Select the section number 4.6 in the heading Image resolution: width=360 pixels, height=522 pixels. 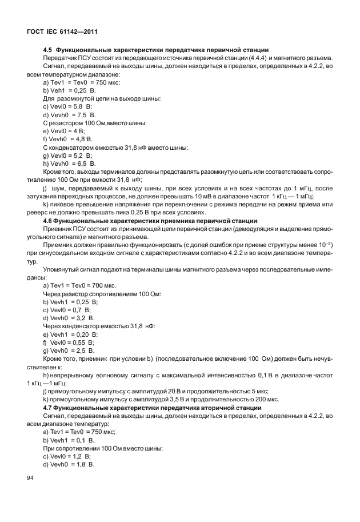[x=49, y=220]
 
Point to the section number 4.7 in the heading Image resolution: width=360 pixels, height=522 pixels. [x=49, y=408]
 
